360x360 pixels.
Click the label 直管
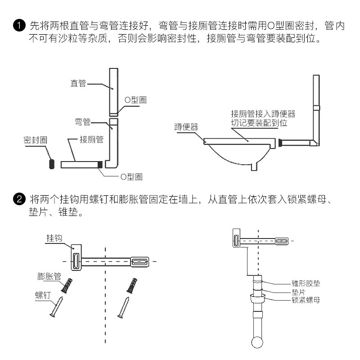tap(78, 83)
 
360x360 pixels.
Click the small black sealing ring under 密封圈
tap(52, 163)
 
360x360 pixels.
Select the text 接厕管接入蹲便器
tap(263, 113)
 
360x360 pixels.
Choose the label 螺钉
tap(44, 295)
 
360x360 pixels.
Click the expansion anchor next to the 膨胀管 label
tap(68, 284)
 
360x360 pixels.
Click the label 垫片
tap(298, 292)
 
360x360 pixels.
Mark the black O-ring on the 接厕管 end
tap(100, 164)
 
